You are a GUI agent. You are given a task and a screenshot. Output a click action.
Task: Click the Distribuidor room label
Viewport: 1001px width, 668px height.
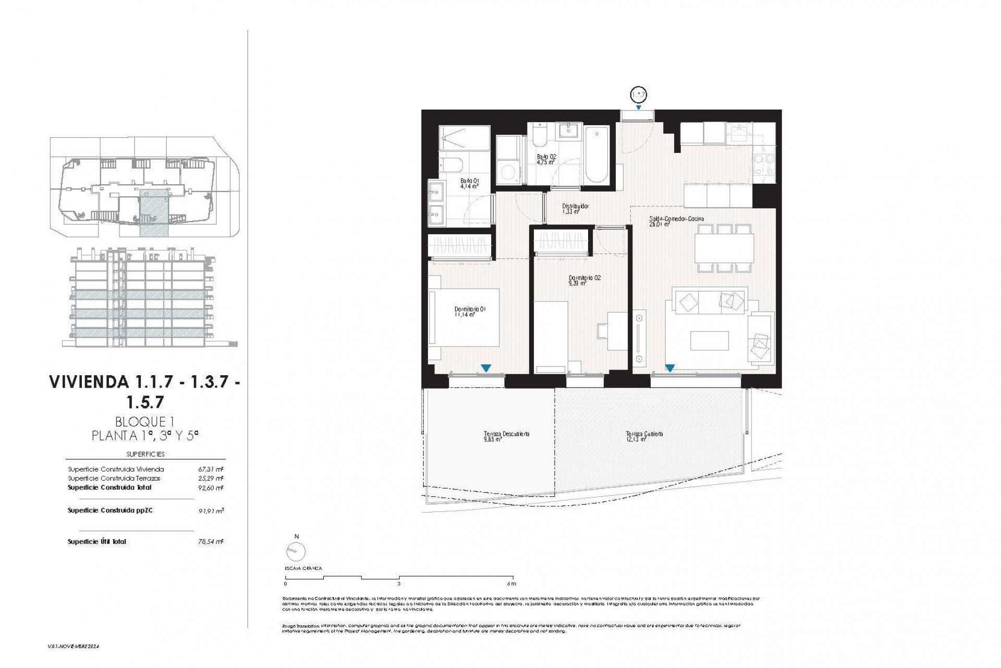click(575, 209)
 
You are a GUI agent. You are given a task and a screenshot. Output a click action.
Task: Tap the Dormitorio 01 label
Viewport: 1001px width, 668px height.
click(470, 312)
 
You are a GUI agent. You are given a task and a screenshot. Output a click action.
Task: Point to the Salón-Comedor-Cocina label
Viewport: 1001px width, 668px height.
click(676, 221)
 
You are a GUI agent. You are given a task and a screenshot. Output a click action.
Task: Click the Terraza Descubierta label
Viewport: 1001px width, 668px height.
click(506, 436)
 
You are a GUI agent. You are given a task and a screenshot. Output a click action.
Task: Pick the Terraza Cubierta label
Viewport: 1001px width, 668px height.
click(644, 436)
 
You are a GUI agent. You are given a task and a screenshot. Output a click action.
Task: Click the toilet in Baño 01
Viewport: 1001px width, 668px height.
click(451, 165)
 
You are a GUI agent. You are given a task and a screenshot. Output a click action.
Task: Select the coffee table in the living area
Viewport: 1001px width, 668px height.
click(709, 341)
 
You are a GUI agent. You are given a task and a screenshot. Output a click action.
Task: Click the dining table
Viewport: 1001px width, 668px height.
click(724, 248)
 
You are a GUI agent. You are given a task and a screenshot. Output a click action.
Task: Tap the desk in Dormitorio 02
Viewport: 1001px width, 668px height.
click(618, 331)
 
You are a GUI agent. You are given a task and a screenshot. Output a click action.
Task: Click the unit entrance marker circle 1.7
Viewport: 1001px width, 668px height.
click(638, 95)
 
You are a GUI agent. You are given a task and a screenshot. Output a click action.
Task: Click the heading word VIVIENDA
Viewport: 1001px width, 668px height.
click(89, 382)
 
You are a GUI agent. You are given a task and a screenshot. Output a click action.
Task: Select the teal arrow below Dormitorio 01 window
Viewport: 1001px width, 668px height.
click(485, 368)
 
